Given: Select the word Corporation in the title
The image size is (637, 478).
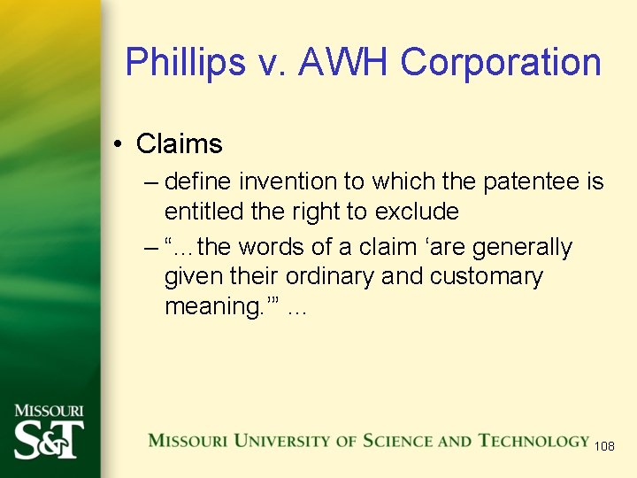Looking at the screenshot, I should click(501, 62).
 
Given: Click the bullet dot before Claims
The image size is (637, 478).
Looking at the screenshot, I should click(117, 143).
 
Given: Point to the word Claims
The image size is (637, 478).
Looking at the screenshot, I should click(180, 143).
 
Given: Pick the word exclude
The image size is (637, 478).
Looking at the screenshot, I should click(417, 212).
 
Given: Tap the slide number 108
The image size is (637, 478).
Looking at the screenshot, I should click(604, 446).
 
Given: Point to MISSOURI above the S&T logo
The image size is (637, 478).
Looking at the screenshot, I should click(49, 411).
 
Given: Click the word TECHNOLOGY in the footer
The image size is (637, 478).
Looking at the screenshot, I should click(533, 441).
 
